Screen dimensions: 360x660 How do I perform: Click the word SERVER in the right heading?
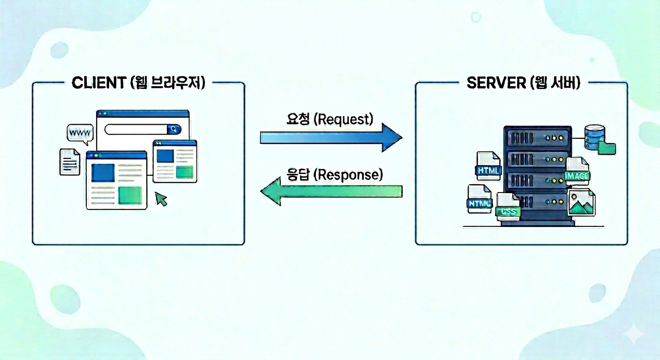(x=495, y=83)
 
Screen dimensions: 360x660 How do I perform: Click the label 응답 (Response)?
(x=334, y=175)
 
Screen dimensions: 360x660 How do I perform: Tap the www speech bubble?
(x=80, y=134)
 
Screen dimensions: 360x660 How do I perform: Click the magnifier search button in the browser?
(x=174, y=129)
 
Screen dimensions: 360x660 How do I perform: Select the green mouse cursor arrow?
(x=161, y=199)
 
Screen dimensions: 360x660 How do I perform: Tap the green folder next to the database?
(x=607, y=148)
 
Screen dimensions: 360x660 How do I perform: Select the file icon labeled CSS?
(x=508, y=207)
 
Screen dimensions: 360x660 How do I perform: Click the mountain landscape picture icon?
(x=581, y=202)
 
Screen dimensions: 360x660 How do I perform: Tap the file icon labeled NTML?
(x=479, y=199)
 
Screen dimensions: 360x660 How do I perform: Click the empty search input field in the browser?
(x=136, y=129)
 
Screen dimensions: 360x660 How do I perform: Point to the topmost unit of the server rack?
(x=537, y=138)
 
